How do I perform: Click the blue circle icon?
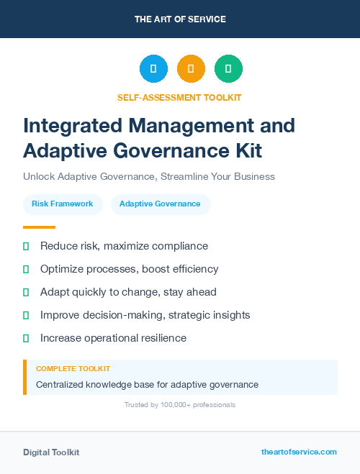click(153, 69)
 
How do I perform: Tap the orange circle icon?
click(191, 69)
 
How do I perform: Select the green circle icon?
click(228, 69)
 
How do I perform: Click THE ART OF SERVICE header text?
click(180, 19)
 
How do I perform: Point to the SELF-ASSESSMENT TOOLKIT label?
click(179, 97)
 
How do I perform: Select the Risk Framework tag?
click(63, 204)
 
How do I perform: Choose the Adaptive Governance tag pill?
click(160, 204)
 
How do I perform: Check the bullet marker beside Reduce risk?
click(26, 246)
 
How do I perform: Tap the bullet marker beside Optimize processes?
click(26, 269)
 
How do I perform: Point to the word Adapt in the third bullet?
click(55, 292)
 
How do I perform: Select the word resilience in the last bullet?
click(161, 338)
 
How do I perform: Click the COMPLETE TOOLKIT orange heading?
click(73, 368)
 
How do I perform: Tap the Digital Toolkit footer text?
click(51, 452)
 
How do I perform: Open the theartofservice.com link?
click(299, 452)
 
